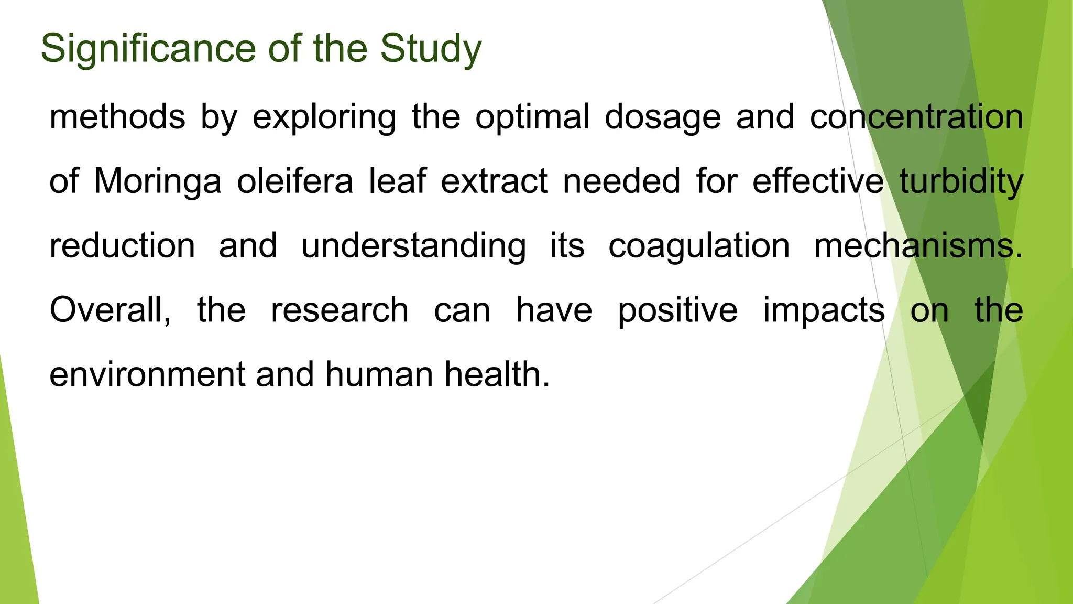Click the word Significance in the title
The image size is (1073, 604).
tap(148, 48)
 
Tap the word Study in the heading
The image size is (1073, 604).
tap(430, 48)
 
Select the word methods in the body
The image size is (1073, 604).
tap(117, 116)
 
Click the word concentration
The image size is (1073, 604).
tap(916, 116)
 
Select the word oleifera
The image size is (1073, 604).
tap(295, 181)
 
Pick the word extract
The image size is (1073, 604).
tap(494, 181)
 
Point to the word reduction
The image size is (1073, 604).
tap(122, 245)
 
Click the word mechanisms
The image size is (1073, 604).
tap(917, 245)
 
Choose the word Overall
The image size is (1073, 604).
tap(110, 310)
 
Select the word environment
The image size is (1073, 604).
tap(147, 374)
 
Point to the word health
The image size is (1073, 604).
tap(497, 374)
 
